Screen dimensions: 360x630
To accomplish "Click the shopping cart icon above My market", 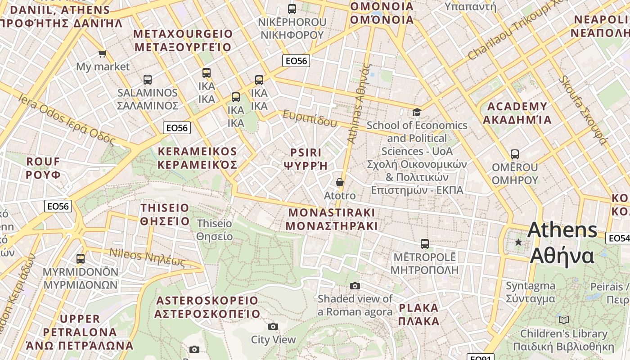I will pos(102,54).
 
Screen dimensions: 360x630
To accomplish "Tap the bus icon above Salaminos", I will pos(147,80).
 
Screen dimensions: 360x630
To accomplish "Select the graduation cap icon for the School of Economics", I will pos(417,112).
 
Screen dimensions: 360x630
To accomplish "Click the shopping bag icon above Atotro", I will pos(340,182).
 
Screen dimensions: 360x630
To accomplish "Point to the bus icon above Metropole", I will pos(424,244).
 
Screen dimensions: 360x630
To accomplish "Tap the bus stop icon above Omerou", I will pos(515,154).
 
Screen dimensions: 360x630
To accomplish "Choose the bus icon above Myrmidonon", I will pos(81,259).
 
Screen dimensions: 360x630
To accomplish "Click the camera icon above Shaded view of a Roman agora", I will pos(355,286).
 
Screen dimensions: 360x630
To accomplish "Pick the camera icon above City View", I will pos(273,326).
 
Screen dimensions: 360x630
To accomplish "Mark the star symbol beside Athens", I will pos(518,242).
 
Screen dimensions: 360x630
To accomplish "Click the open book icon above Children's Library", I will pos(563,320).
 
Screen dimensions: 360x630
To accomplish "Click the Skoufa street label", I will pos(583,110).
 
